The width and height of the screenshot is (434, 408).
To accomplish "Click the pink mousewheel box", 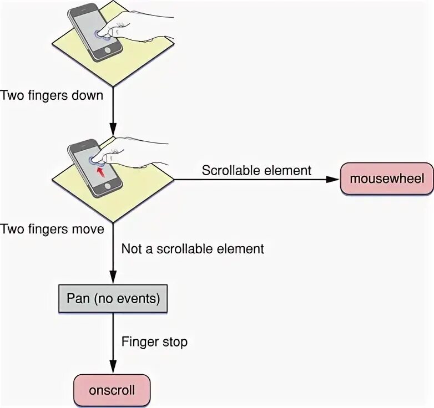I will pos(386,179).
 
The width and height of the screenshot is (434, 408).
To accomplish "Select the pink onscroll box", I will pos(112,390).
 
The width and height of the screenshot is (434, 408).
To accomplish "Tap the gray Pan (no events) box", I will pos(113,299).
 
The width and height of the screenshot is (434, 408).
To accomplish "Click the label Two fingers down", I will pos(52,95).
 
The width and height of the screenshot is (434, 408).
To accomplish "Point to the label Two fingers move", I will pos(52,229).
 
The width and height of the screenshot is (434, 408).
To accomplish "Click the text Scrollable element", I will pos(256,170).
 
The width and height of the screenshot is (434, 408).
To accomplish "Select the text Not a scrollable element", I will pos(193,249).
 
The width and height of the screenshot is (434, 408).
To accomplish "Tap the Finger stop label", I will pos(154,341).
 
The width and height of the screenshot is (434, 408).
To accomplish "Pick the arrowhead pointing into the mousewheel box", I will pos(332,179).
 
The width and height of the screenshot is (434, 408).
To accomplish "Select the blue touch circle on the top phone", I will pos(100,34).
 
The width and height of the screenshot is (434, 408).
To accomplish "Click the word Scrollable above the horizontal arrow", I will pos(229,170).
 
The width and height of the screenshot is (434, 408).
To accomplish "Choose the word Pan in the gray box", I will pos(78,299).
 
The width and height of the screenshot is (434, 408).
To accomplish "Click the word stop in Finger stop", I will pos(174,341).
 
